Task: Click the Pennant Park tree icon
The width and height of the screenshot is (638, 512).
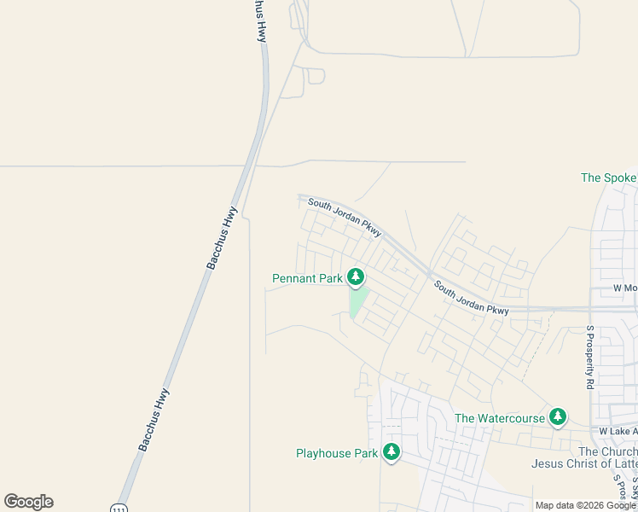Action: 356,277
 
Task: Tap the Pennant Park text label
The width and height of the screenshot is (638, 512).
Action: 307,278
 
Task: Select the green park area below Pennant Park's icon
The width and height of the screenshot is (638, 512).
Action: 358,301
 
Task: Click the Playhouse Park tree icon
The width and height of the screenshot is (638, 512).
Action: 391,452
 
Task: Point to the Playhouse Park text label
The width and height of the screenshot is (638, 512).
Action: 336,453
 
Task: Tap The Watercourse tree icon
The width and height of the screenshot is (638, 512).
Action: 558,416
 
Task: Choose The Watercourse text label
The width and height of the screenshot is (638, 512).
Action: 499,418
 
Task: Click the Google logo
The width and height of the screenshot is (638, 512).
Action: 28,502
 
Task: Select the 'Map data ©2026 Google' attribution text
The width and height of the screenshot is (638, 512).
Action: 585,505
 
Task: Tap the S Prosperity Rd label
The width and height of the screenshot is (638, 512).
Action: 589,357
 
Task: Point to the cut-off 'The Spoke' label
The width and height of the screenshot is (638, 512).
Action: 608,177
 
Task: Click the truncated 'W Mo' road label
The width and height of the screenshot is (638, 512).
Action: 625,288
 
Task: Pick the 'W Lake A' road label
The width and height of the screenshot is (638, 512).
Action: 618,432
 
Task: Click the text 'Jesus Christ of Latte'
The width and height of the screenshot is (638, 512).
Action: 583,464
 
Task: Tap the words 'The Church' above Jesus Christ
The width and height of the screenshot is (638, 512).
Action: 607,451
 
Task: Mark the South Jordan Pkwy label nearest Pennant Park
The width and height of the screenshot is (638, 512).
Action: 345,216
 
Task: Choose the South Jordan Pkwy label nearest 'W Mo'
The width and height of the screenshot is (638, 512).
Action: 471,298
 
